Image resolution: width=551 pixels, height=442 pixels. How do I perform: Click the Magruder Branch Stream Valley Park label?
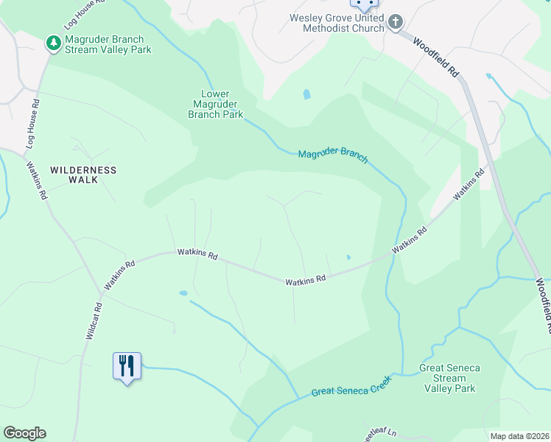108,44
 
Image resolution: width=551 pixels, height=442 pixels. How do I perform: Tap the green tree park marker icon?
53,44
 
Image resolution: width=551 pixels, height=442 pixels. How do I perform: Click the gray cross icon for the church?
396,22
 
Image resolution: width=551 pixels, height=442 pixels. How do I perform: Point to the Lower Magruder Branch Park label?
215,104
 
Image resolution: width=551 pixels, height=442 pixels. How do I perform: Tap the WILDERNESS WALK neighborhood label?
83,175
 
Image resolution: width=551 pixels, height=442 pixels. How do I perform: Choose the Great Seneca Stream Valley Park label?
449,378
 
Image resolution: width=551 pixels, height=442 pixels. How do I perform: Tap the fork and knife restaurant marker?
127,365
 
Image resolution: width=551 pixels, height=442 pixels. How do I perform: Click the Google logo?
24,433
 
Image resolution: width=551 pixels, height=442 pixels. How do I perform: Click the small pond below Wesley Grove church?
306,94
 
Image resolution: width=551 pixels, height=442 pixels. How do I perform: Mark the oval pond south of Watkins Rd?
183,293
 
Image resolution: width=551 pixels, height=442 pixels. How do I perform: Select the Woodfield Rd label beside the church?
436,58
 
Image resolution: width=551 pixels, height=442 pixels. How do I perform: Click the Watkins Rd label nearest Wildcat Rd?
120,273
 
